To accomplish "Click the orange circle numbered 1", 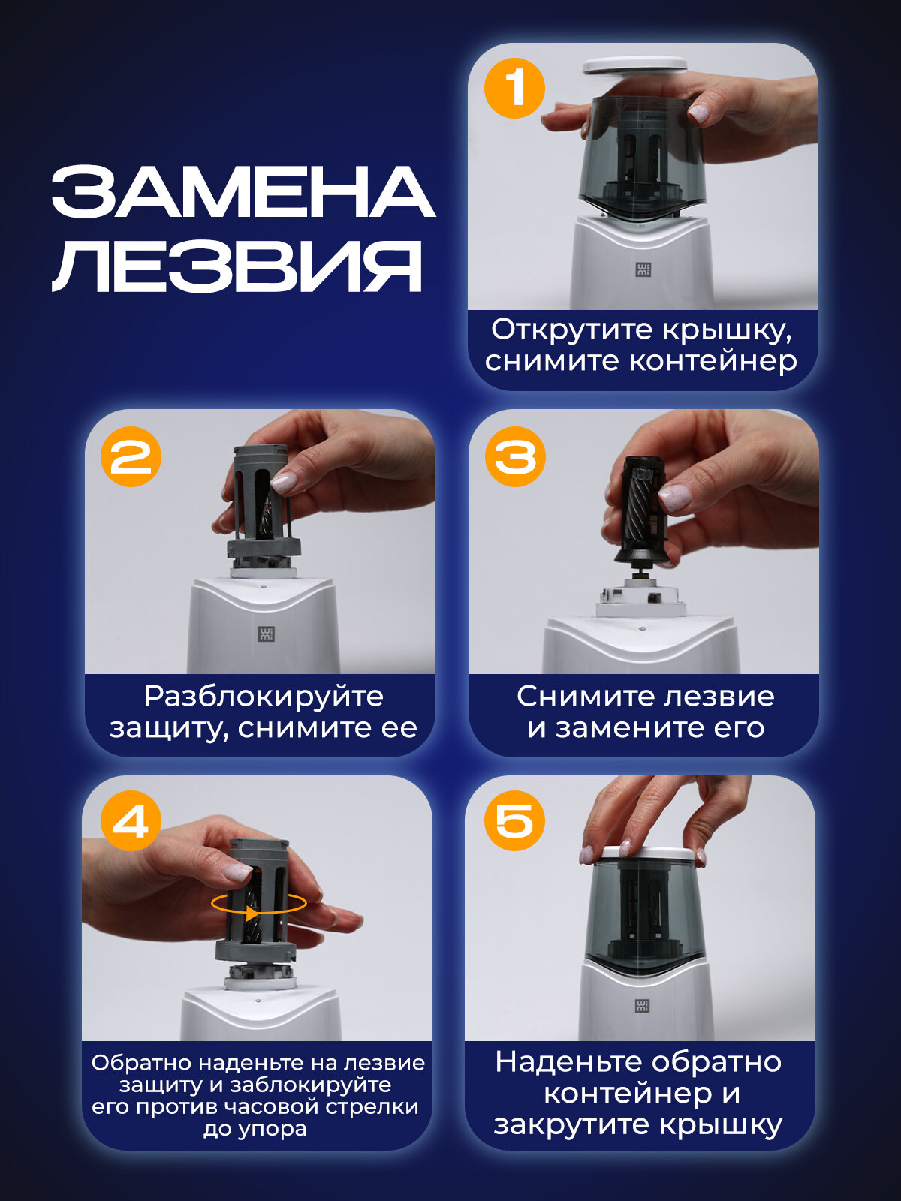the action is (x=514, y=88).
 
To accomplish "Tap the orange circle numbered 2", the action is (x=131, y=456).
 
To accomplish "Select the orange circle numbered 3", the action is (x=515, y=456).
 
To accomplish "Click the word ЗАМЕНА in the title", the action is (x=243, y=191).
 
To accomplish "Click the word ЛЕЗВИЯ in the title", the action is (x=237, y=266).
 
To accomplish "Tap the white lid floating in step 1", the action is (x=634, y=65).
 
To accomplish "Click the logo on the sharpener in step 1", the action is (x=643, y=269).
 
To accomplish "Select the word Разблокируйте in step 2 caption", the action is (x=264, y=697).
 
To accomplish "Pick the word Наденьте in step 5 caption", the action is (x=569, y=1062).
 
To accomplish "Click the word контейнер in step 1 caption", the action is (x=713, y=362).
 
